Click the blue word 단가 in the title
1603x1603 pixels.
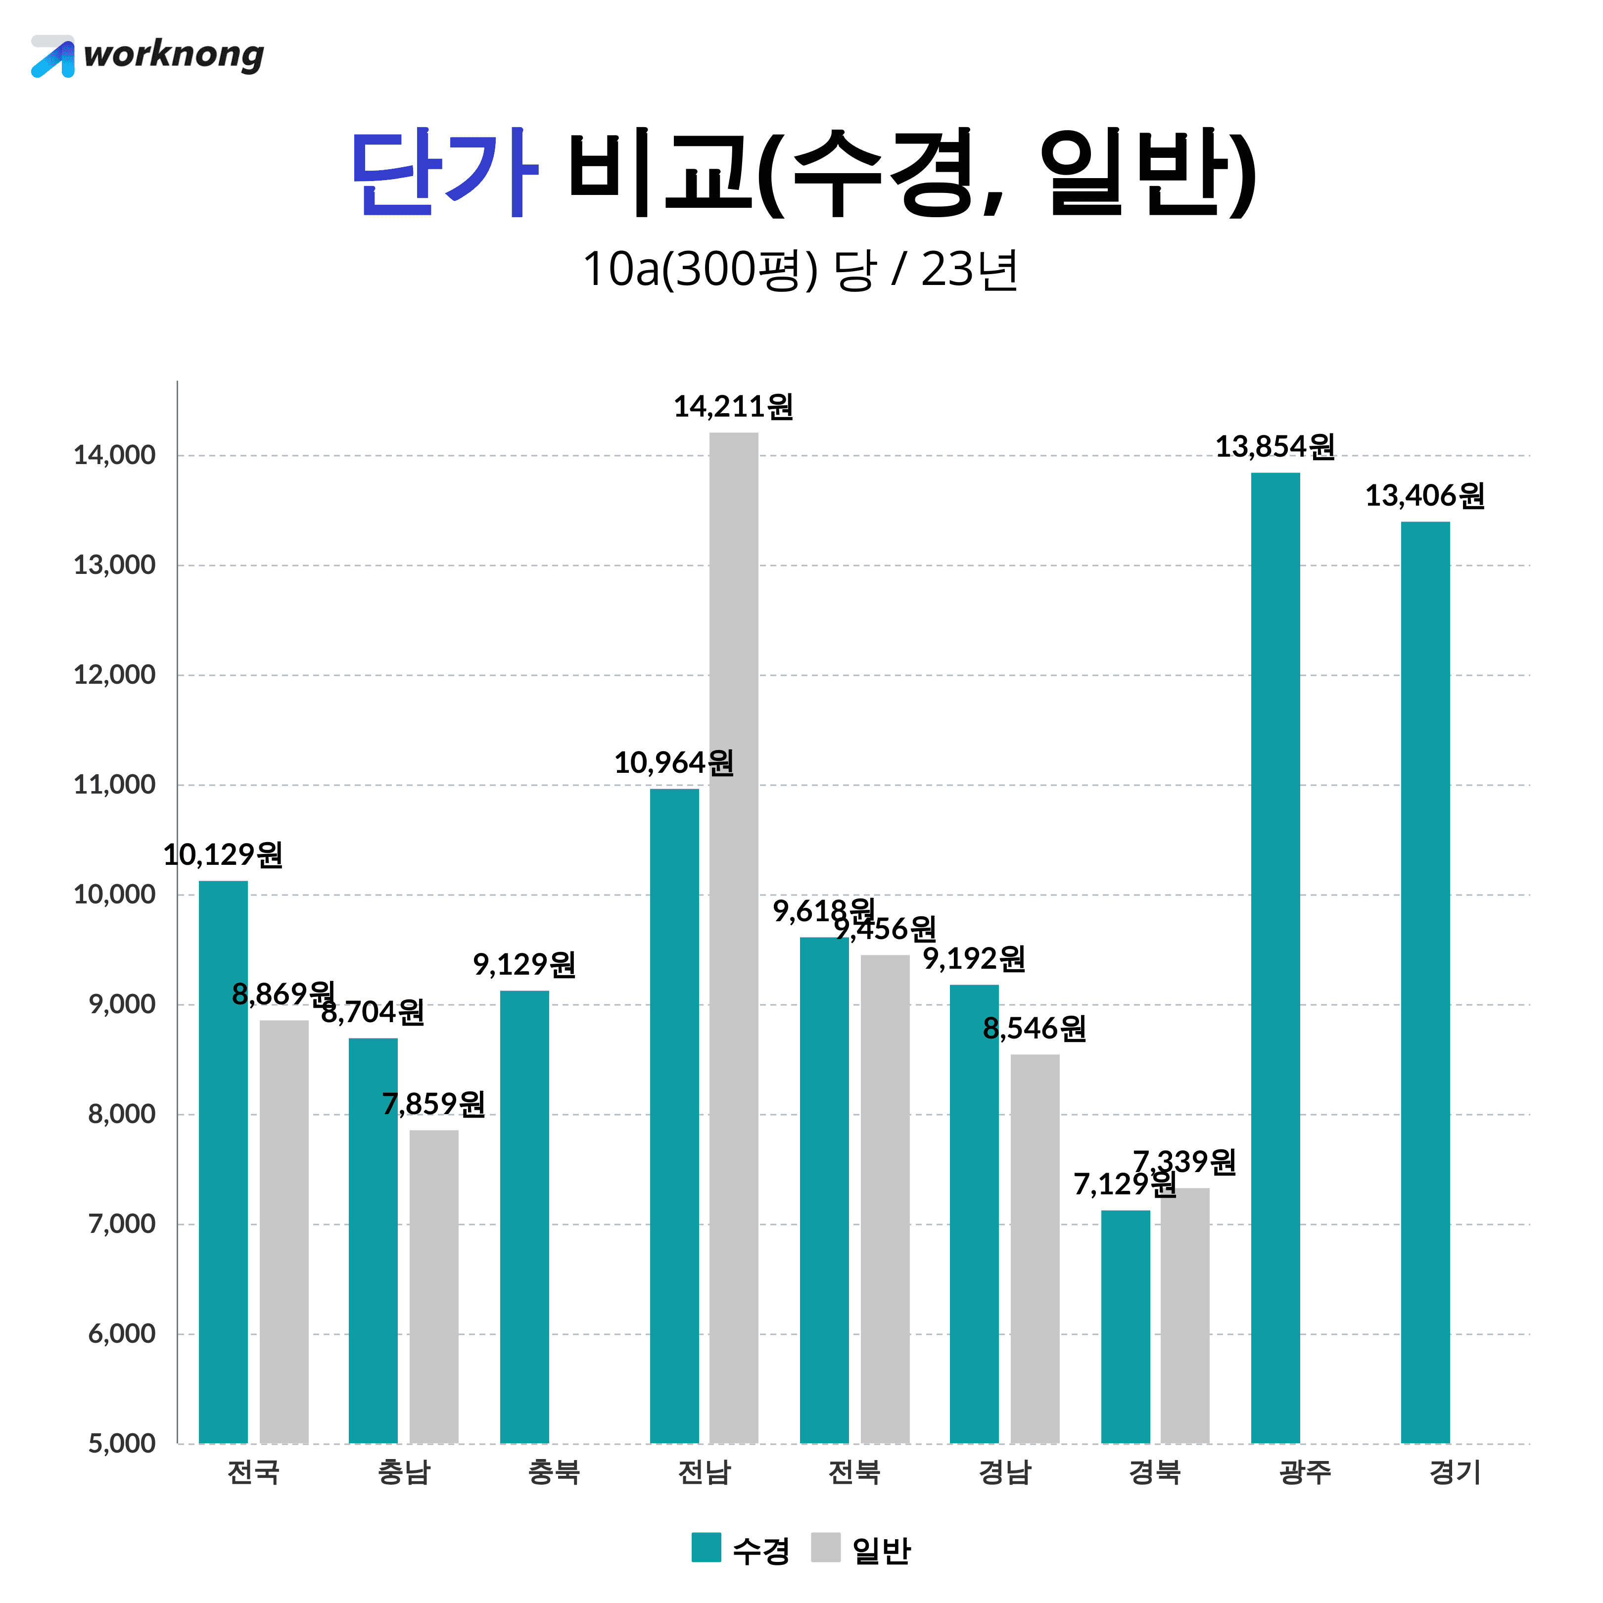[444, 173]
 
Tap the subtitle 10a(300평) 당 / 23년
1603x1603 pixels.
[800, 270]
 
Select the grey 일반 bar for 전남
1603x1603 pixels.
[733, 938]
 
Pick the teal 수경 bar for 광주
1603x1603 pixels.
[1275, 958]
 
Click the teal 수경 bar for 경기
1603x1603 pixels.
[1425, 983]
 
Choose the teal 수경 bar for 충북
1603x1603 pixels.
[524, 1217]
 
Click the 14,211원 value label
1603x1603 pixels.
[733, 407]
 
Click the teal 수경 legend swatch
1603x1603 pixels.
[706, 1548]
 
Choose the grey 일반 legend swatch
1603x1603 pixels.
[826, 1548]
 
